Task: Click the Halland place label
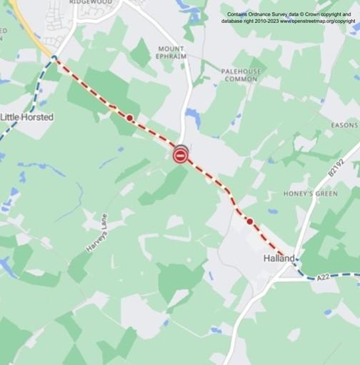[x=278, y=258]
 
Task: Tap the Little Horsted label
[x=27, y=117]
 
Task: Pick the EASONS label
[x=344, y=125]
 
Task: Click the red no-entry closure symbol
[x=181, y=154]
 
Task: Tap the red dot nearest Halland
[x=249, y=221]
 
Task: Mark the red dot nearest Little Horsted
[x=129, y=117]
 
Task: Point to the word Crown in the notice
[x=317, y=14]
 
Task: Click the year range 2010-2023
[x=266, y=21]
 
